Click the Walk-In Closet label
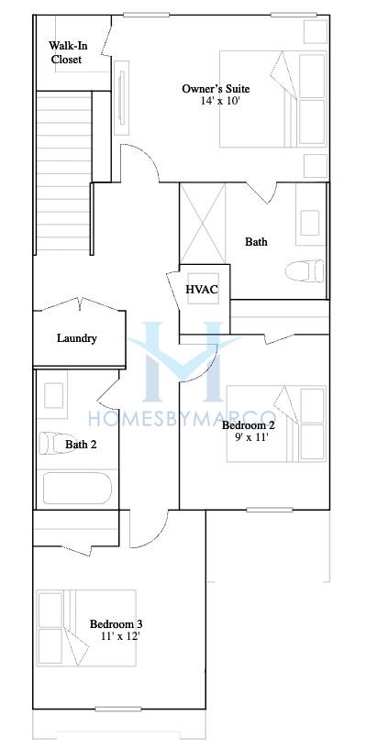tap(67, 52)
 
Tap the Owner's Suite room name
tap(216, 89)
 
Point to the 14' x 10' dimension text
tap(216, 101)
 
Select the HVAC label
tap(202, 290)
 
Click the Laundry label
tap(77, 338)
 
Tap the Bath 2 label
tap(82, 445)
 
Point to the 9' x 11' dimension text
tap(250, 436)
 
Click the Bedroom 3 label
tap(116, 623)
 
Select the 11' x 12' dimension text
tap(120, 636)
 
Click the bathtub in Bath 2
tap(77, 489)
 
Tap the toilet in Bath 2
tap(51, 443)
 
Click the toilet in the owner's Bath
tap(305, 270)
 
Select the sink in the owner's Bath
tap(310, 223)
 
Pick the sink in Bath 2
tap(53, 395)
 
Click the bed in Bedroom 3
tap(86, 628)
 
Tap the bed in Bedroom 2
tap(276, 424)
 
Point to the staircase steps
tap(64, 171)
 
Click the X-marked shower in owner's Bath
tap(202, 223)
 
